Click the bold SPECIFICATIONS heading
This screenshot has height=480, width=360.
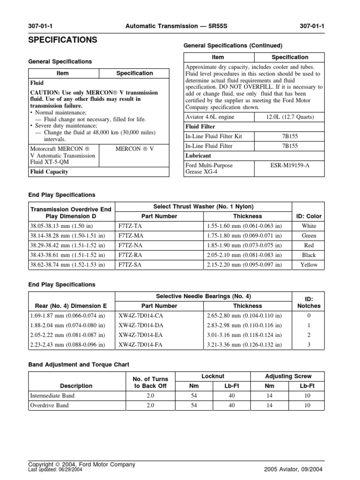click(63, 40)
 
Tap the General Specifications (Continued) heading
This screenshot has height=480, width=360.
click(232, 45)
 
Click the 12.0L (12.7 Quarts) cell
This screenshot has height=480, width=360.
click(288, 117)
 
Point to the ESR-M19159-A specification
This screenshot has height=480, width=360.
click(288, 165)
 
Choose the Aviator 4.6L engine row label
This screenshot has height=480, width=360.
click(210, 117)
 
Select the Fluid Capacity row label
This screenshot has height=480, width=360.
click(49, 172)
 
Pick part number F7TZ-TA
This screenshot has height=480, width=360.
click(131, 225)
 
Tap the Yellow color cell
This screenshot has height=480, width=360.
click(308, 264)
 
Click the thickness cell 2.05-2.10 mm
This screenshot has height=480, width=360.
click(244, 255)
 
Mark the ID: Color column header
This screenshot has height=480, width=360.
click(308, 216)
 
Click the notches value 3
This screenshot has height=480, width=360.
click(309, 345)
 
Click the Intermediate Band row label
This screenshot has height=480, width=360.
click(52, 395)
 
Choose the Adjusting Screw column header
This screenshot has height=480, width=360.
click(288, 376)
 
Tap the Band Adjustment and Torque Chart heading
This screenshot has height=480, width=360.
click(79, 364)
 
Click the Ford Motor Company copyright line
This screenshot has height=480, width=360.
click(82, 464)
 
